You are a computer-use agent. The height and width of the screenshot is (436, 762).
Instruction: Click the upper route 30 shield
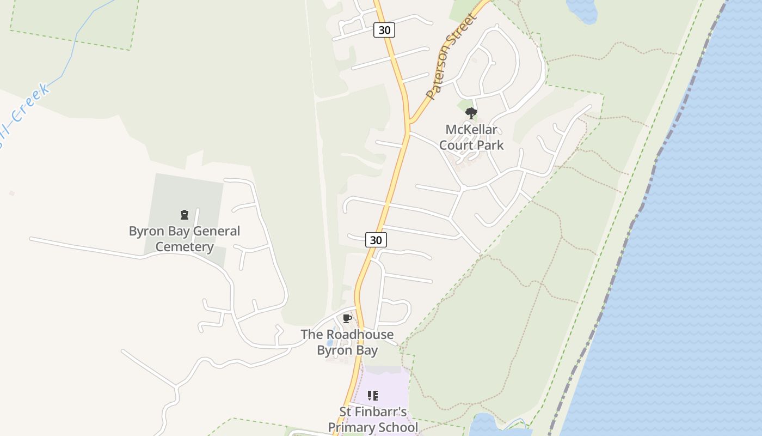pyautogui.click(x=384, y=30)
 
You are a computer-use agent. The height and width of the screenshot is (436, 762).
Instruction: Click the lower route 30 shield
pyautogui.click(x=376, y=240)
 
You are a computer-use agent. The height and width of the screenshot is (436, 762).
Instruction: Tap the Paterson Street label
pyautogui.click(x=451, y=57)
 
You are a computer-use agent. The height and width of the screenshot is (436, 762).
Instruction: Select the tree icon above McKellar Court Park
pyautogui.click(x=471, y=113)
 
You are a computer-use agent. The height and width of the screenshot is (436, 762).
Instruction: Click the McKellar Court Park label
pyautogui.click(x=471, y=137)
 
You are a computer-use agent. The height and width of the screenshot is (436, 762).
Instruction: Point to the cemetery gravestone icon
pyautogui.click(x=185, y=215)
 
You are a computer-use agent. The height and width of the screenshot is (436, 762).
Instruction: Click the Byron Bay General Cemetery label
pyautogui.click(x=185, y=239)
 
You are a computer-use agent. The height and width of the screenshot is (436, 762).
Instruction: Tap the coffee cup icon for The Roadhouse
pyautogui.click(x=347, y=319)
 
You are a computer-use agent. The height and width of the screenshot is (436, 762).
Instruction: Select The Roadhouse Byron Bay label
pyautogui.click(x=347, y=342)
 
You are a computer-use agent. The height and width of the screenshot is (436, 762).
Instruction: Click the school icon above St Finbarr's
pyautogui.click(x=373, y=395)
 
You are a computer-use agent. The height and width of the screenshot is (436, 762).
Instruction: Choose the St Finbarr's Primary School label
pyautogui.click(x=373, y=419)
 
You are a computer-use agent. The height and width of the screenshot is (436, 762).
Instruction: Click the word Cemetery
pyautogui.click(x=185, y=247)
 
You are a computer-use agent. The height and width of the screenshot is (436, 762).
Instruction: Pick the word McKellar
pyautogui.click(x=471, y=130)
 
